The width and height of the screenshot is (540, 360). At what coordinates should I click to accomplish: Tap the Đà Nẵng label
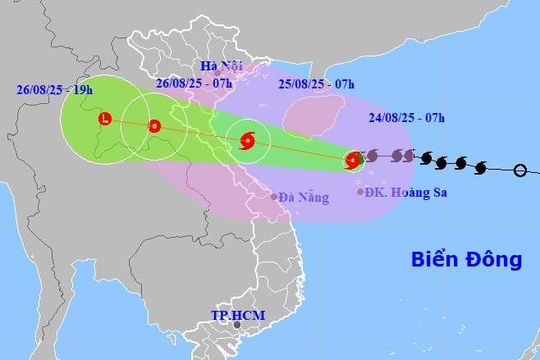pos(305,198)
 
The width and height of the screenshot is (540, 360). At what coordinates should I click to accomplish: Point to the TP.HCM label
pos(236,313)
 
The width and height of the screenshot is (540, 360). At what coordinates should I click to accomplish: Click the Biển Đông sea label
pos(466,260)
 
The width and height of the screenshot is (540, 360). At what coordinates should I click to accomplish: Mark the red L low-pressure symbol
pos(103,121)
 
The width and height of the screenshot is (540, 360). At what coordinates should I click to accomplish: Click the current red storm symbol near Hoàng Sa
pos(353,159)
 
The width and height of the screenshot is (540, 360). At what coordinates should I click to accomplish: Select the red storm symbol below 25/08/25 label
pos(248,141)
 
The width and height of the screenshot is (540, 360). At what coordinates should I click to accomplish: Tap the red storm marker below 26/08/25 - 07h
pos(154,126)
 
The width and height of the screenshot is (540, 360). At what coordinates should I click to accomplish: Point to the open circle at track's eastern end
pos(520,170)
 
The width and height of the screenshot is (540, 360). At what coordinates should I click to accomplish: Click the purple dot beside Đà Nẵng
pos(274,197)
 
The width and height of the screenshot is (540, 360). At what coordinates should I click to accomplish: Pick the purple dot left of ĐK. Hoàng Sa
pos(361,191)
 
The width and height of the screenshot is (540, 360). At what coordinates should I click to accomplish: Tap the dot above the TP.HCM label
pos(237,324)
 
